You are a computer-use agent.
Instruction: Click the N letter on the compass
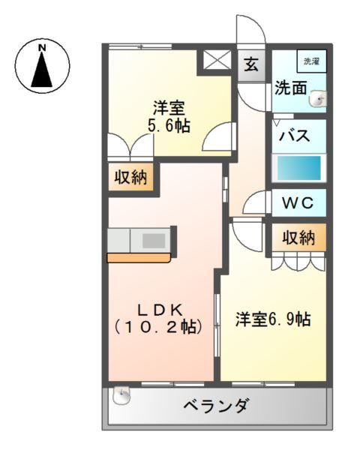(x=42, y=48)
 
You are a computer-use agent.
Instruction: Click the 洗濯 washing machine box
(x=312, y=61)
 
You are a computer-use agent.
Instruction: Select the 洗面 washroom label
(x=290, y=88)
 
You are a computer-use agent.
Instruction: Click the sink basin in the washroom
(x=318, y=99)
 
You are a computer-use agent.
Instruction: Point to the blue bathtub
(x=298, y=168)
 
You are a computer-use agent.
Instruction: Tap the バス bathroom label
(x=295, y=135)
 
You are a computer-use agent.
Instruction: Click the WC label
(x=298, y=203)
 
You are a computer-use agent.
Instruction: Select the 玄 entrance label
(x=251, y=64)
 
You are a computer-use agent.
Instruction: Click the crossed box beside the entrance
(x=217, y=60)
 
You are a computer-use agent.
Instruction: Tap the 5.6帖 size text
(x=169, y=125)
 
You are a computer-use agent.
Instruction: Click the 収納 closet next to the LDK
(x=130, y=177)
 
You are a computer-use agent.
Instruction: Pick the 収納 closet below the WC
(x=298, y=238)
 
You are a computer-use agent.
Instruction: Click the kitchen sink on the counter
(x=154, y=241)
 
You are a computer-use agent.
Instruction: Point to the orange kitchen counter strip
(x=139, y=257)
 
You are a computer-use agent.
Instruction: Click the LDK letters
(x=160, y=310)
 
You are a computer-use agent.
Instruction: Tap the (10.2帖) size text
(x=158, y=327)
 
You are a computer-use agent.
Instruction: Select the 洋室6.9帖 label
(x=273, y=319)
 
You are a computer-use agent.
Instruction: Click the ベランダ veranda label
(x=215, y=406)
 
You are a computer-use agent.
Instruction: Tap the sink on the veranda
(x=121, y=395)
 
